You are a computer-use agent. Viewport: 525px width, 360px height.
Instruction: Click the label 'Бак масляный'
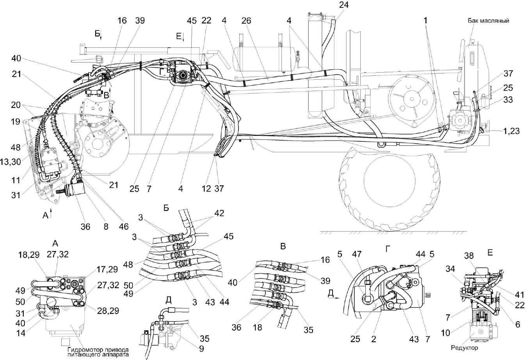click(x=489, y=21)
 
